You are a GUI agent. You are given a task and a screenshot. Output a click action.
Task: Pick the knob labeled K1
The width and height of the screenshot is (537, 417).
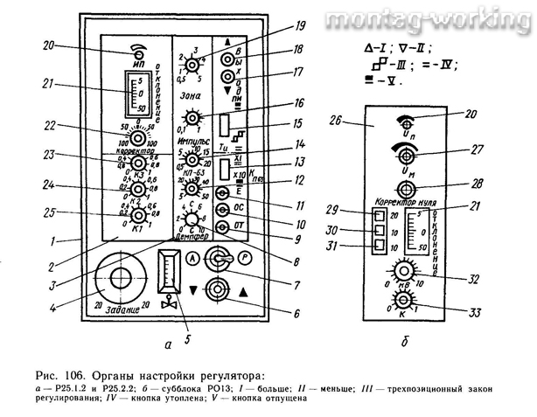pos(137,214)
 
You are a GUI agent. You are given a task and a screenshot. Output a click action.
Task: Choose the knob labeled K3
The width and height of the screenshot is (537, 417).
pos(138,163)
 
